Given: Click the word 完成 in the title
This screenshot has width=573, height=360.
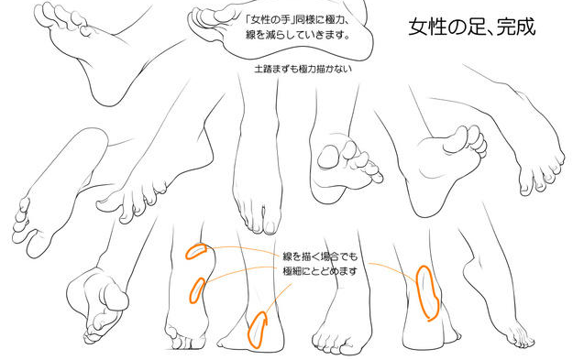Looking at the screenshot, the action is coord(515,27).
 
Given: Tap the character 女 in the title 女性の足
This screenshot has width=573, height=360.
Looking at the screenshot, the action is coord(419,27).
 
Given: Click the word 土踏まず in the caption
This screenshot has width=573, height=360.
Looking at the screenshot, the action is coord(272,69).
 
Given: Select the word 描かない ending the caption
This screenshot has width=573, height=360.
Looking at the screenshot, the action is coord(334,69).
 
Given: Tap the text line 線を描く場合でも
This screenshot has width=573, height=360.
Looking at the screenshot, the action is coord(320,256).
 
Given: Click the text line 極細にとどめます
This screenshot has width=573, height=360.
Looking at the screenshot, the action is coord(320,271).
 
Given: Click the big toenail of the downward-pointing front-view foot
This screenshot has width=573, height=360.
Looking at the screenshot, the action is coord(270,228).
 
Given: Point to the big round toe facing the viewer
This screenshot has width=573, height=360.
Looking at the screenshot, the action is coord(328,157).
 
